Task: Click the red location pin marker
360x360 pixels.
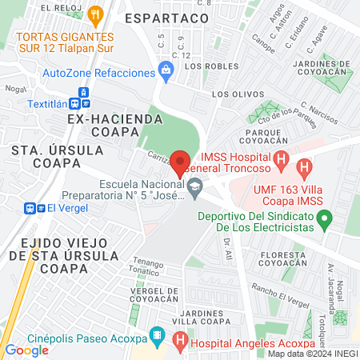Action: (180, 162)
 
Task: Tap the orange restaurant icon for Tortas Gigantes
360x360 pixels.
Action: (96, 14)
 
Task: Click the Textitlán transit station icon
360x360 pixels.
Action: (79, 102)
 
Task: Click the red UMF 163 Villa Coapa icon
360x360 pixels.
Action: (303, 168)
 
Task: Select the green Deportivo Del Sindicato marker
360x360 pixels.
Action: (324, 217)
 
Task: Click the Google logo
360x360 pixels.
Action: (27, 350)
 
